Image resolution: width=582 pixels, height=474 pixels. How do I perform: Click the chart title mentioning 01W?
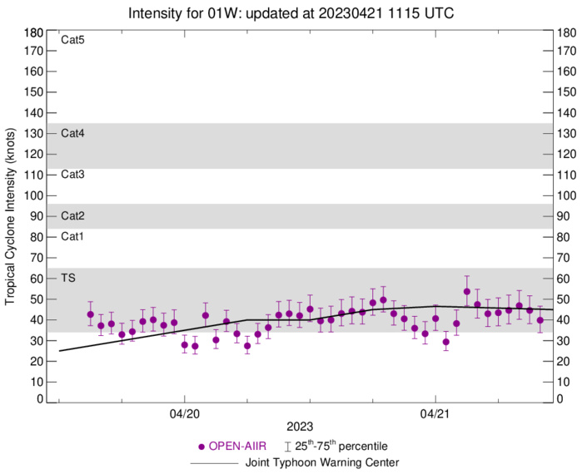click(291, 13)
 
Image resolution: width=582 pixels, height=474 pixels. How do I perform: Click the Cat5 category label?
click(73, 40)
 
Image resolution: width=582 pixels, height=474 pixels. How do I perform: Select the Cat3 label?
click(73, 175)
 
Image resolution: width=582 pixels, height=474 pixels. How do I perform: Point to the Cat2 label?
click(73, 216)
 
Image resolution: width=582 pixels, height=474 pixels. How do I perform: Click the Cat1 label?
click(73, 237)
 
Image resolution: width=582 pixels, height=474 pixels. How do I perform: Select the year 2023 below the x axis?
click(301, 428)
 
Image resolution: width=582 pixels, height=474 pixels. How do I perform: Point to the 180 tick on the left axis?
click(33, 33)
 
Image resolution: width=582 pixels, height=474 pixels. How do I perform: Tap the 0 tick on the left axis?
click(39, 399)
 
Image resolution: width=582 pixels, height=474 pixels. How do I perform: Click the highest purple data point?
click(466, 292)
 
